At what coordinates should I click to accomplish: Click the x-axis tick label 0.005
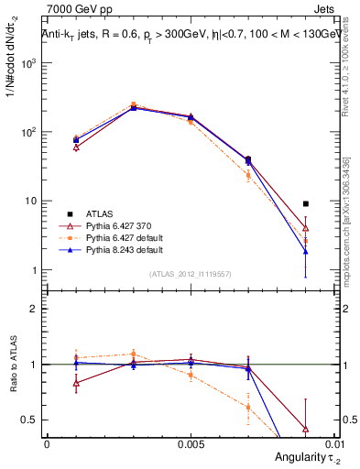[x=190, y=443]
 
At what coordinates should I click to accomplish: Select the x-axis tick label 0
[x=47, y=443]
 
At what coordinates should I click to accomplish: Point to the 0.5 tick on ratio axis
[x=29, y=420]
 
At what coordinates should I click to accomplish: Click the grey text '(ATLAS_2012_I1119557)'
[x=190, y=274]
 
